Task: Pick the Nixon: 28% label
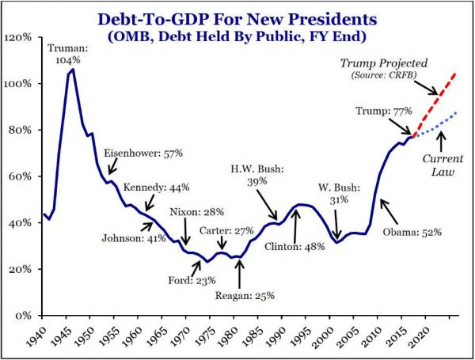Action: pyautogui.click(x=197, y=212)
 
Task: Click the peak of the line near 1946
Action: pyautogui.click(x=73, y=70)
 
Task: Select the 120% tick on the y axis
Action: pyautogui.click(x=18, y=37)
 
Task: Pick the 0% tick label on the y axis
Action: pyautogui.click(x=23, y=315)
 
